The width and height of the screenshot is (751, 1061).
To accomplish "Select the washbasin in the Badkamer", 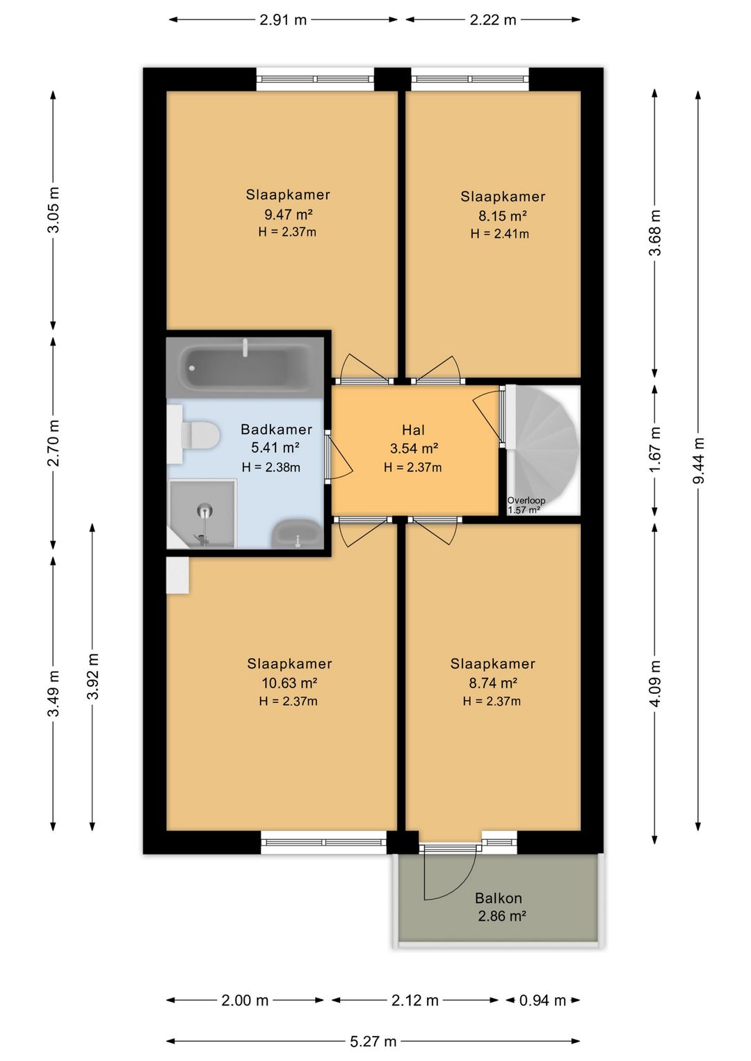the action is click(297, 533).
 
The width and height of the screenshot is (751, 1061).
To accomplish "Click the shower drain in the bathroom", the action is click(204, 510).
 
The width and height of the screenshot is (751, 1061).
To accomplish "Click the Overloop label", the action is click(526, 500).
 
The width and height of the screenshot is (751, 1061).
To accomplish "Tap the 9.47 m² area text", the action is click(288, 215).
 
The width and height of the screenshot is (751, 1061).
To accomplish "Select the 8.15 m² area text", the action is click(502, 216).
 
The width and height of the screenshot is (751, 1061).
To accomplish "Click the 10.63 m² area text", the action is click(289, 683).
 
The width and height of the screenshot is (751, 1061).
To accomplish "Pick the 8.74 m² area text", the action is click(492, 683).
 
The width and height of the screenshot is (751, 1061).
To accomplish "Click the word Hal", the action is click(413, 430).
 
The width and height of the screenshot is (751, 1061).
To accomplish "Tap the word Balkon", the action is click(499, 898).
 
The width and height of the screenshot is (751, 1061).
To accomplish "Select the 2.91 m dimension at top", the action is click(283, 20).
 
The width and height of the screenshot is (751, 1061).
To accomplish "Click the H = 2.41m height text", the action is click(499, 234).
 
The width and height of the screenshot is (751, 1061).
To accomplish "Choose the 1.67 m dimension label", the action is click(655, 449).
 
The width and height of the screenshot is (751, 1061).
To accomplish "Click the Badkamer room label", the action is click(276, 430).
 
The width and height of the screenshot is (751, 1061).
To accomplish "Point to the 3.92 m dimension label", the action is click(93, 676).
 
